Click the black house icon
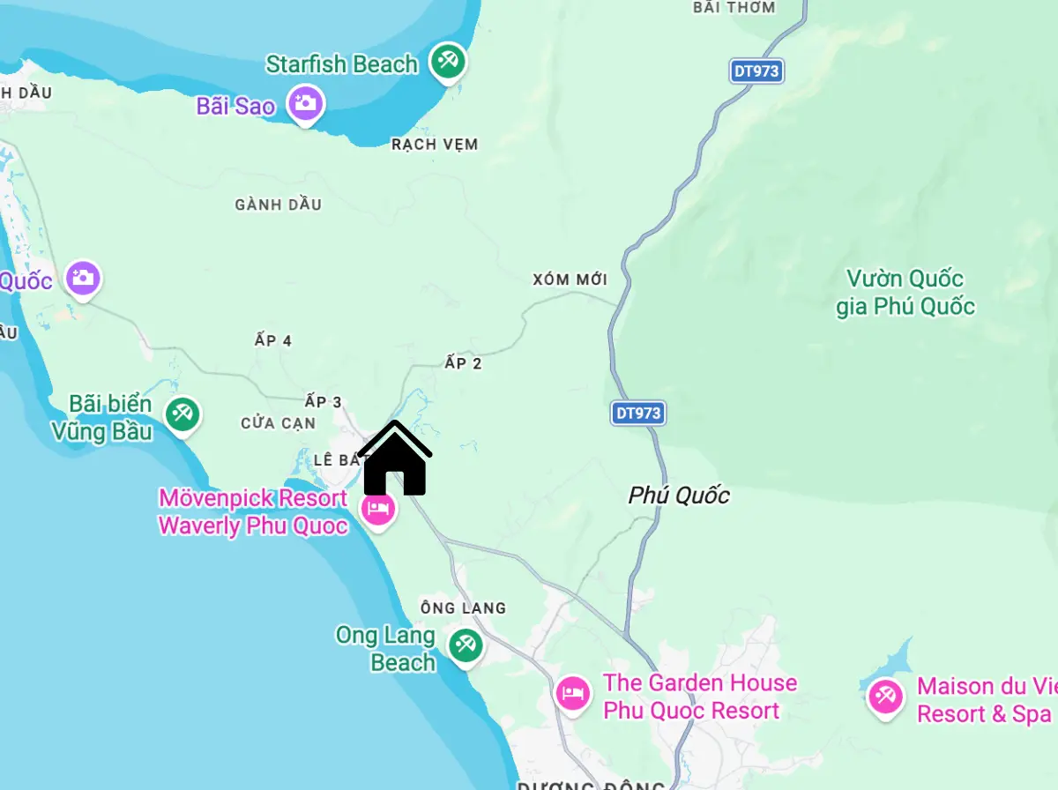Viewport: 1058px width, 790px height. coord(394,459)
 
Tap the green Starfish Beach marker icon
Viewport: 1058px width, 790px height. coord(448,62)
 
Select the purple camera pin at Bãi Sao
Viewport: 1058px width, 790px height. coord(306,104)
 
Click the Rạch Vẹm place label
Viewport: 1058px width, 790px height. coord(435,145)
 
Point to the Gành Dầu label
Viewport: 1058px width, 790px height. coord(278,205)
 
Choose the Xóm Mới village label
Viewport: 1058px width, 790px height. coord(570,279)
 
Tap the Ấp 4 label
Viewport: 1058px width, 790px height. coord(272,340)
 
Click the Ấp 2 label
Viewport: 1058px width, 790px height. coord(463,362)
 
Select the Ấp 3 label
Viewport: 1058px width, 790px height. coord(323,402)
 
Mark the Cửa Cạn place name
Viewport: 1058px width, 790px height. coord(278,423)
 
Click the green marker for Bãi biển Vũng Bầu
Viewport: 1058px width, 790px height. coord(183,414)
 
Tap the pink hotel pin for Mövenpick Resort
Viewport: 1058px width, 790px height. coord(378,509)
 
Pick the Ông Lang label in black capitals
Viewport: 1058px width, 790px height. coord(463,607)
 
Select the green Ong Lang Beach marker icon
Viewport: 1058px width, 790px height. coord(464,645)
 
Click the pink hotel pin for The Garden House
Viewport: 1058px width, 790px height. coord(573,693)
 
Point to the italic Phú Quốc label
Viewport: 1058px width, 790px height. coord(679,496)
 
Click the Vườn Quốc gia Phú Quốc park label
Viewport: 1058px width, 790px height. coord(905,293)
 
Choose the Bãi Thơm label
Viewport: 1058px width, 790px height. coord(734,7)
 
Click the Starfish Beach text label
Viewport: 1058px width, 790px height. coord(342,64)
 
